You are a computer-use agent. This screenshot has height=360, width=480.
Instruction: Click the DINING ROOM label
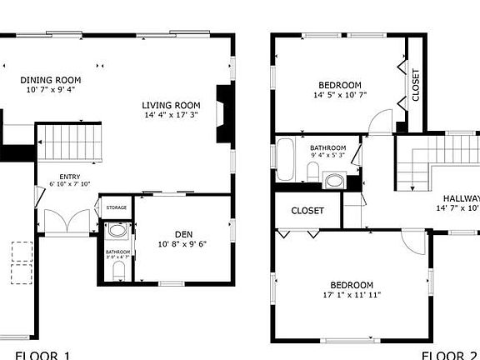[44, 80]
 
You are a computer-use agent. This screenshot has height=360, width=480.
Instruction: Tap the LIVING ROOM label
[172, 104]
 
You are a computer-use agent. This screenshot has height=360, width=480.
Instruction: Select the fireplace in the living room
[222, 115]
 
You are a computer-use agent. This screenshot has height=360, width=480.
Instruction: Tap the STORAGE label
[117, 207]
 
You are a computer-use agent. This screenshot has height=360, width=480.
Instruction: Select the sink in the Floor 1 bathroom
[116, 232]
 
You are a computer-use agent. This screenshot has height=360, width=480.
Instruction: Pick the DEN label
[183, 233]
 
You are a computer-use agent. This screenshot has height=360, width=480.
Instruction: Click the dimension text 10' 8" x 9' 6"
[182, 244]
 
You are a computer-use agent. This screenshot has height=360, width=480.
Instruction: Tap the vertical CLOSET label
[416, 83]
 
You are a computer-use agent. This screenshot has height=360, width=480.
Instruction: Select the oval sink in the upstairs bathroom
[336, 180]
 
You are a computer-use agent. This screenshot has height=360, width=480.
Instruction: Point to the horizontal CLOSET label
[307, 211]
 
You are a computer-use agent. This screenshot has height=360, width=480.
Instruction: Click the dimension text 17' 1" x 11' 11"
[351, 295]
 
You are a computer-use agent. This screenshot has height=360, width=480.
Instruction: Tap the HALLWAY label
[461, 197]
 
